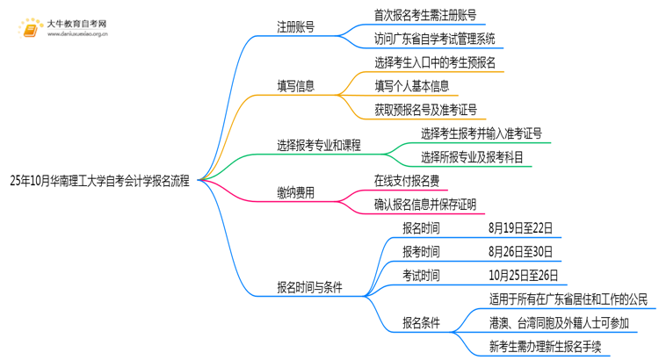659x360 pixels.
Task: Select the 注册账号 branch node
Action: [x=298, y=26]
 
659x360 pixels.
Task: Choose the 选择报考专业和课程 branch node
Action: [x=319, y=146]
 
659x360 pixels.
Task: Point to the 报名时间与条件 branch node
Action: [x=309, y=287]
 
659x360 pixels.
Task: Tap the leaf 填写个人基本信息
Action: [x=411, y=86]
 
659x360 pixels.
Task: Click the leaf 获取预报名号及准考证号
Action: [x=425, y=110]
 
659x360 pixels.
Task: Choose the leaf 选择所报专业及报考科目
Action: [x=472, y=157]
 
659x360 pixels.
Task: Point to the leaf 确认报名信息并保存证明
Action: [x=425, y=205]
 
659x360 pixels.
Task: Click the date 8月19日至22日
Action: [x=521, y=228]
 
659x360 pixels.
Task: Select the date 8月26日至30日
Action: [x=521, y=252]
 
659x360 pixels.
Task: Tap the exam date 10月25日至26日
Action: [x=524, y=276]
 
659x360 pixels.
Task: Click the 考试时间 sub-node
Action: [x=421, y=276]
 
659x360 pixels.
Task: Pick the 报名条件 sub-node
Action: [x=421, y=322]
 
